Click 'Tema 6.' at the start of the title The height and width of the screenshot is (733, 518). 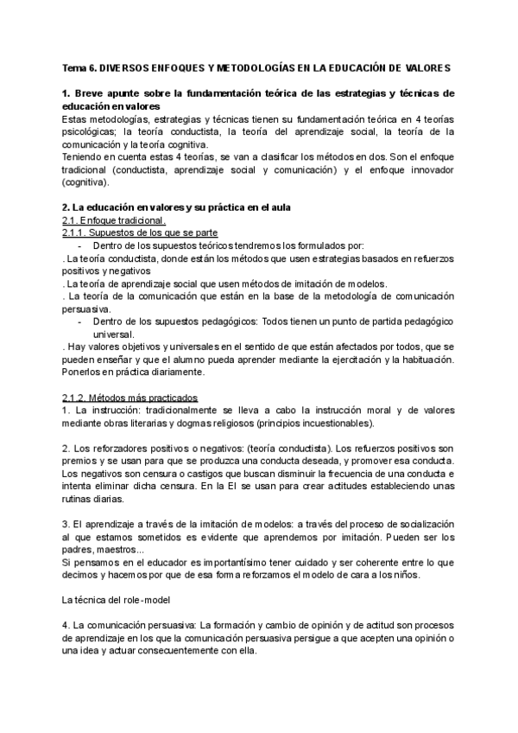(79, 67)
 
